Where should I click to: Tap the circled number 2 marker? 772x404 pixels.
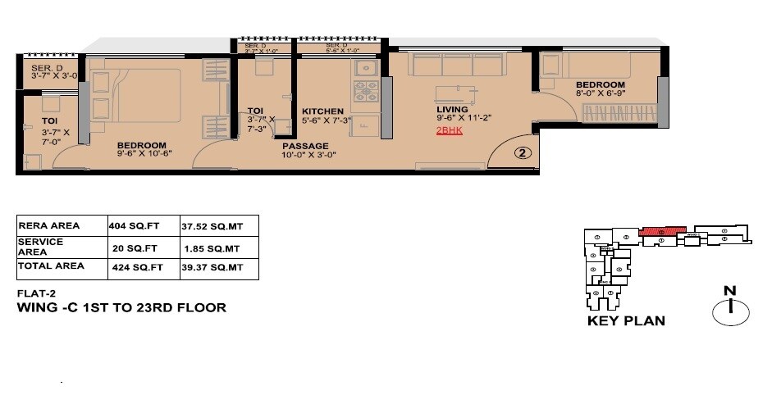pos(525,152)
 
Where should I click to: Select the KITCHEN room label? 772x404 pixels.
pos(322,111)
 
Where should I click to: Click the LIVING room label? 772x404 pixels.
pos(452,109)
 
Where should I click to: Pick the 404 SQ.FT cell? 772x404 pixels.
pos(126,225)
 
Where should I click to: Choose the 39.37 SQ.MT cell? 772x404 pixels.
pos(210,267)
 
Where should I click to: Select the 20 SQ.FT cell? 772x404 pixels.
pos(129,247)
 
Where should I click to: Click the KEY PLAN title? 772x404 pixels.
pos(626,320)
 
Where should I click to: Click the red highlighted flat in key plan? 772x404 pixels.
pos(662,231)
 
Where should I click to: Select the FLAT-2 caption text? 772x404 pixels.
pos(36,293)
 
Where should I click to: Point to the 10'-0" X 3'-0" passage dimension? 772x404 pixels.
pos(308,155)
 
